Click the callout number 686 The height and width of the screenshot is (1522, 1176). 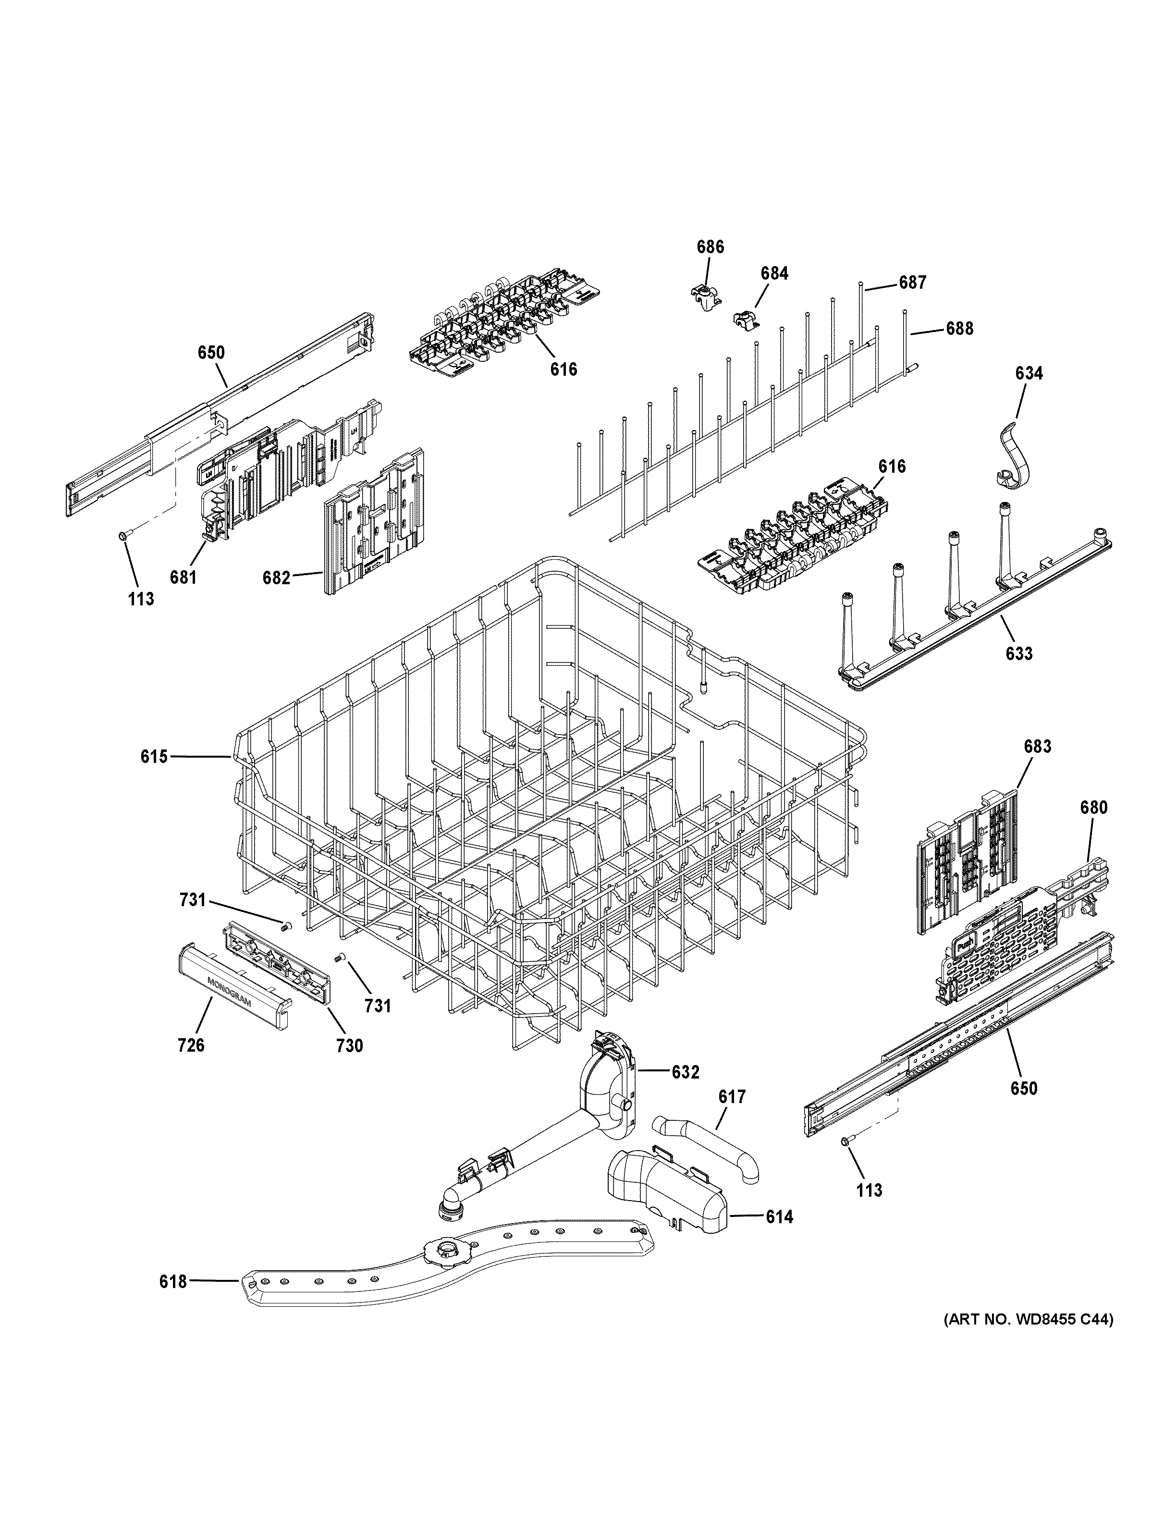(710, 246)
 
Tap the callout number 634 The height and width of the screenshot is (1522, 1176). (1029, 373)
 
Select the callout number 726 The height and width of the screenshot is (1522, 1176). (191, 1064)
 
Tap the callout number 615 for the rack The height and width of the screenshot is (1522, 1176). (154, 756)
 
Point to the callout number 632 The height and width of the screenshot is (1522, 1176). (685, 1072)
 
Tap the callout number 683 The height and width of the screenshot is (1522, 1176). (1037, 747)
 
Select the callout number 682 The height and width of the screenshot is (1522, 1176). (276, 578)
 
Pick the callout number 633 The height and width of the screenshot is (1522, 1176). (1018, 654)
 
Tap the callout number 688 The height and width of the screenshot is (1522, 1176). (959, 328)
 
